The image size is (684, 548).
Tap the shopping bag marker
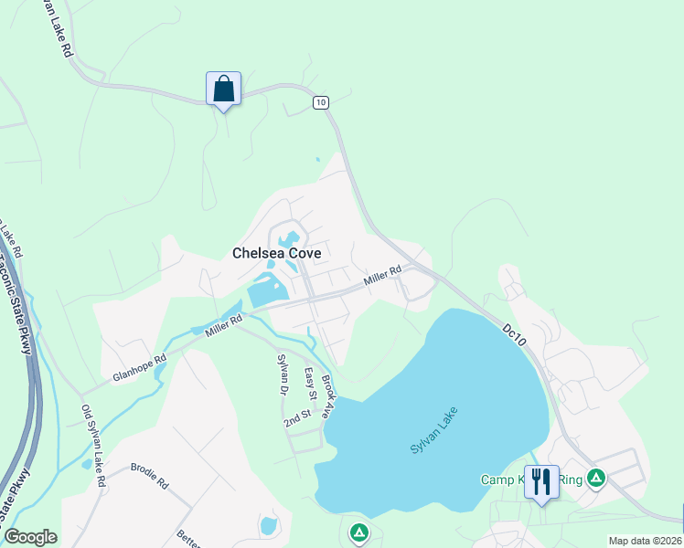coord(223,90)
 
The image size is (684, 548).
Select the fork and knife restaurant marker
coord(541,481)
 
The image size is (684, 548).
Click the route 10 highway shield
coord(320,102)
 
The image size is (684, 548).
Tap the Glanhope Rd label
coord(140,369)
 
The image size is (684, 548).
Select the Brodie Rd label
coord(150,472)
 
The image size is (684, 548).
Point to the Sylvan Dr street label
coord(283,374)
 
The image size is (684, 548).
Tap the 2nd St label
coord(297,418)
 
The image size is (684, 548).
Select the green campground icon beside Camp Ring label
coord(596,477)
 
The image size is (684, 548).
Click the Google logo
coord(30,537)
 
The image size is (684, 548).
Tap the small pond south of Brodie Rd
coord(269,526)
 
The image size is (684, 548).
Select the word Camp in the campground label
coord(497,479)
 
